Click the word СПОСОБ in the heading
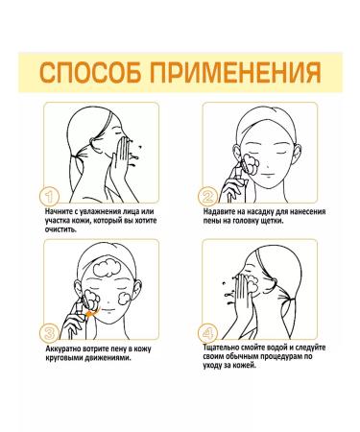(x=95, y=74)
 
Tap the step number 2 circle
(x=208, y=195)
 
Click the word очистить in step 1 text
(x=61, y=231)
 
